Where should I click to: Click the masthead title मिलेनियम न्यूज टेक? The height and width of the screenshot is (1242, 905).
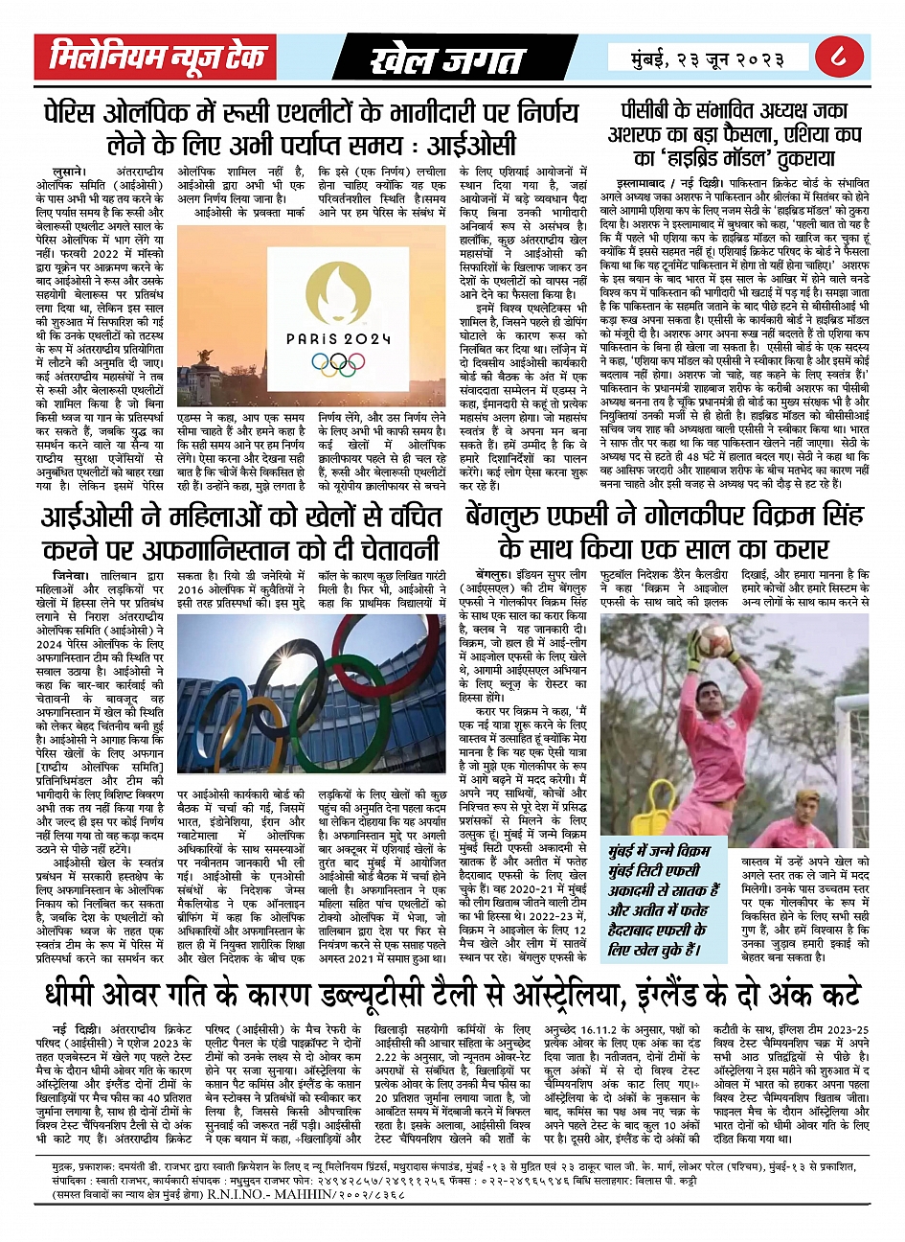(157, 57)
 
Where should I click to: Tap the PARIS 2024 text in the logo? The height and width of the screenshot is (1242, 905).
(340, 337)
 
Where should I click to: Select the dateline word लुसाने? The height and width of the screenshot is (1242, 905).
(64, 169)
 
